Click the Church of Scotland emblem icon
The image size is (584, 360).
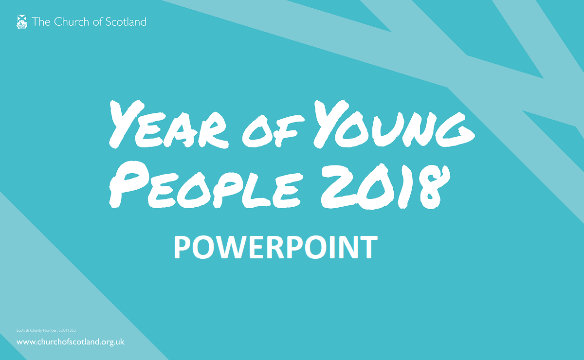click(x=21, y=21)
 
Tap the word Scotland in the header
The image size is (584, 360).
click(x=126, y=21)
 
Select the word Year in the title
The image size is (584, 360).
click(x=169, y=125)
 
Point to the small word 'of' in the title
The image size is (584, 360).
click(x=273, y=131)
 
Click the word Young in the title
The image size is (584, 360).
click(x=394, y=125)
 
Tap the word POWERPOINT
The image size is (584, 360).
click(x=275, y=247)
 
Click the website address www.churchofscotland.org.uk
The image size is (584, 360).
click(x=71, y=342)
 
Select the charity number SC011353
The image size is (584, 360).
click(x=67, y=330)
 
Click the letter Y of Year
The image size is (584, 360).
click(x=127, y=125)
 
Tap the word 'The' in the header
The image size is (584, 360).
click(x=41, y=21)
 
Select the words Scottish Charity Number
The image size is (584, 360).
click(x=37, y=330)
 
